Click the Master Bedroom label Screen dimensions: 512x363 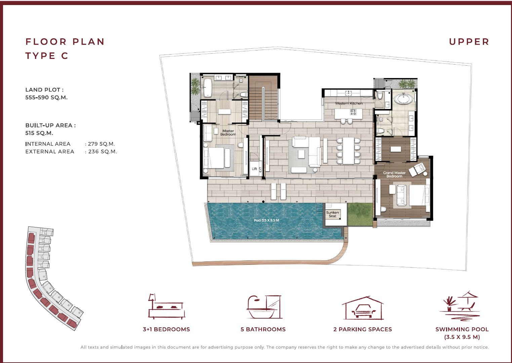click(228, 133)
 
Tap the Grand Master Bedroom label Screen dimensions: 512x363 click(394, 175)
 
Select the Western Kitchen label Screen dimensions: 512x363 click(349, 103)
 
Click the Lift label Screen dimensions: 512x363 click(254, 169)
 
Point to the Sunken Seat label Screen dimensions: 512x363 click(332, 214)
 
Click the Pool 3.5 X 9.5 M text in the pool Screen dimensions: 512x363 click(266, 220)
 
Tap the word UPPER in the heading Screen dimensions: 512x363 click(469, 42)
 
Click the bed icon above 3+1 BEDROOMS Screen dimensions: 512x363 click(166, 306)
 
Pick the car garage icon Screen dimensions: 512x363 click(363, 308)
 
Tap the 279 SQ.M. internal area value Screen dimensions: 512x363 click(101, 144)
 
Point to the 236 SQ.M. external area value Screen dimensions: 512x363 click(103, 152)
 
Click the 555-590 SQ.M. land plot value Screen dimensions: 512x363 click(46, 98)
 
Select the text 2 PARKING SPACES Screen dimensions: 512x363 click(362, 329)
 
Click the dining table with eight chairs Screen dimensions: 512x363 click(348, 150)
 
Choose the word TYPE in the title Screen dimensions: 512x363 click(40, 56)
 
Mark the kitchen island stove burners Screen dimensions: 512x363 click(353, 112)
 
